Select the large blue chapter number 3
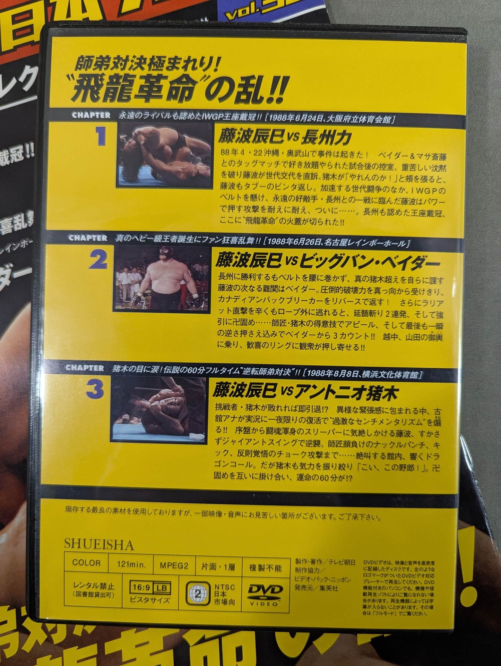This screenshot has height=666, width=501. pyautogui.click(x=95, y=391)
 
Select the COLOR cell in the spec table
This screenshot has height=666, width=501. pyautogui.click(x=86, y=563)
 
